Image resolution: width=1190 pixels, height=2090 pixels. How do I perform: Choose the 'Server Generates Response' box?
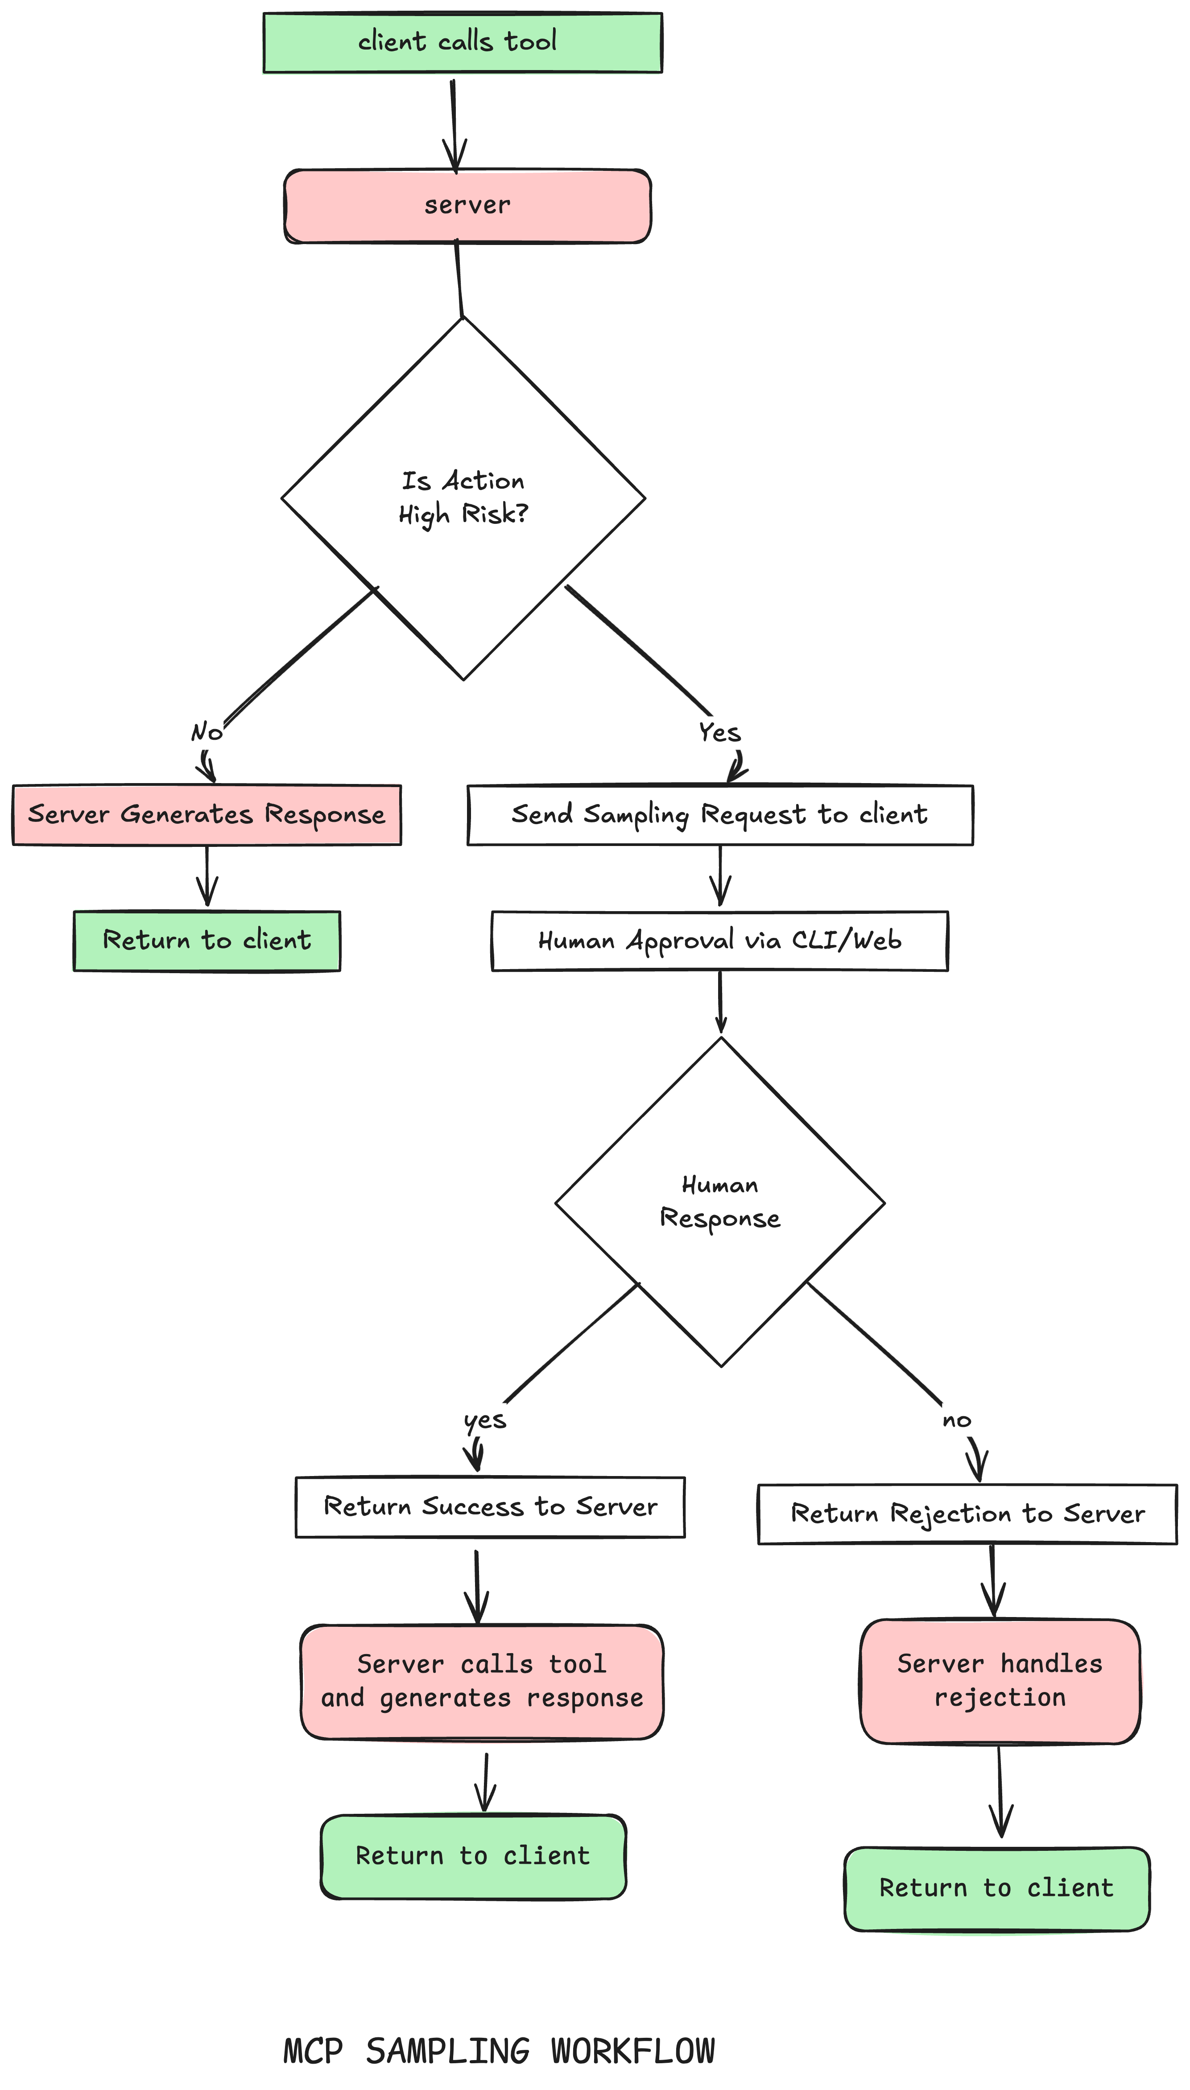click(x=207, y=815)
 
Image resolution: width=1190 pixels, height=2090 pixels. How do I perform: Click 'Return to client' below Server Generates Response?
click(x=207, y=941)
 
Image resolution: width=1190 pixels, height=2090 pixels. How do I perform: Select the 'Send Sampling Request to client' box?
click(x=720, y=815)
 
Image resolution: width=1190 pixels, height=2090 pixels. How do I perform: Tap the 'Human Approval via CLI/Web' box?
click(x=720, y=941)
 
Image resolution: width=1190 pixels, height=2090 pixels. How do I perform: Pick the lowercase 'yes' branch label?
click(x=485, y=1421)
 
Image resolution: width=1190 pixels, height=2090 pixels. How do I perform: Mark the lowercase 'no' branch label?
click(x=956, y=1421)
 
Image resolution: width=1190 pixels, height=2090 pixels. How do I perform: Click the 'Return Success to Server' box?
click(x=490, y=1506)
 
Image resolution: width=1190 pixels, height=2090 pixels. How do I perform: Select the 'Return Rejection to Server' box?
click(x=968, y=1514)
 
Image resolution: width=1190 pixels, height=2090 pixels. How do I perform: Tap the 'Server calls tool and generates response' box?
click(x=482, y=1681)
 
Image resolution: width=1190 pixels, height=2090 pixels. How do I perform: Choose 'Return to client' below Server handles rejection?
click(x=996, y=1888)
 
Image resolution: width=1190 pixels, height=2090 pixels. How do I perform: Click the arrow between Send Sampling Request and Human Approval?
click(x=720, y=876)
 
